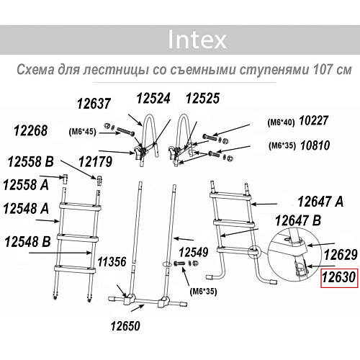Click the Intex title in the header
click(x=197, y=39)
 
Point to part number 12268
click(x=31, y=130)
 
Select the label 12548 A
click(x=26, y=209)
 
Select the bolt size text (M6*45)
click(x=84, y=133)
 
